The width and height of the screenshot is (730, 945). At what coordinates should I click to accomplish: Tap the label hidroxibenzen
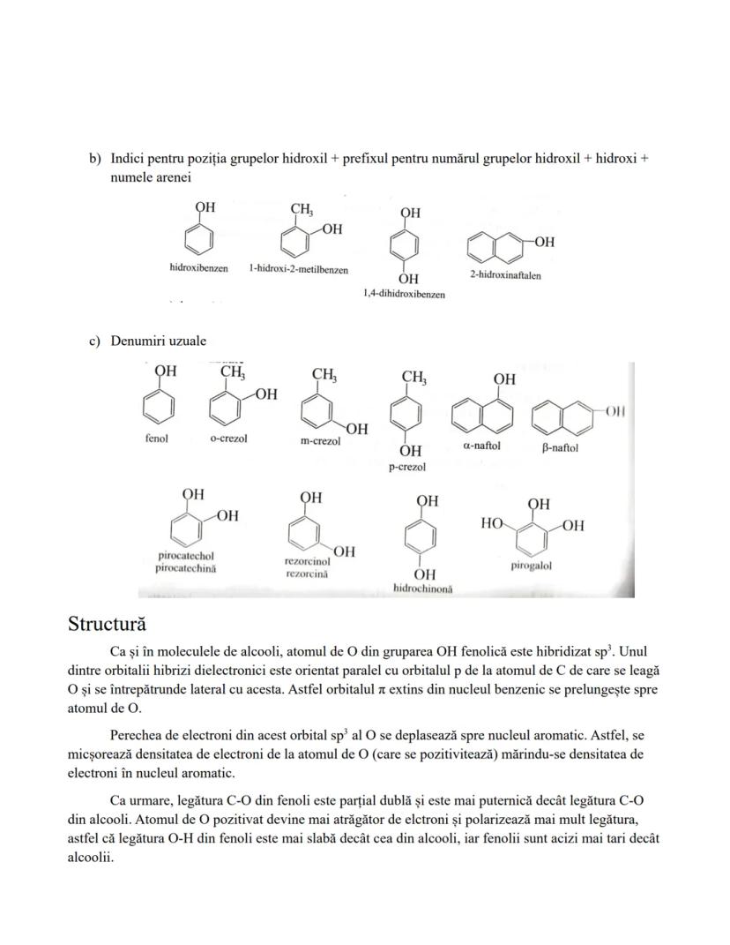click(198, 267)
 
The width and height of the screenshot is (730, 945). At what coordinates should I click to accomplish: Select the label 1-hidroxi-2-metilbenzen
click(298, 269)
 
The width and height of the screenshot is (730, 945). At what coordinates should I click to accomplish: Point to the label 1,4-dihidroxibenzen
click(404, 294)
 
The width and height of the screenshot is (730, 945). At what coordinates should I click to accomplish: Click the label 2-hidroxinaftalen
click(505, 274)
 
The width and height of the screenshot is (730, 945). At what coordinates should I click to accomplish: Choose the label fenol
click(156, 438)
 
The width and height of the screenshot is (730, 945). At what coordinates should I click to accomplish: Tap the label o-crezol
click(228, 439)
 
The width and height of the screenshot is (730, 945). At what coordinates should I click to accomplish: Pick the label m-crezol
click(320, 441)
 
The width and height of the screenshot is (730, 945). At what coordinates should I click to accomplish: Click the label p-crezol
click(407, 467)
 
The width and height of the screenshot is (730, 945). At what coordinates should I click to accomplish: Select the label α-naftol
click(481, 446)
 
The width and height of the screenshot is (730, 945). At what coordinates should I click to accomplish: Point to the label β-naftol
click(560, 447)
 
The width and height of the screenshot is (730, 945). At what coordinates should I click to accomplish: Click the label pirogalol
click(531, 566)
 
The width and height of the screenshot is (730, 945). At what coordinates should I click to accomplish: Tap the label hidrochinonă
click(422, 589)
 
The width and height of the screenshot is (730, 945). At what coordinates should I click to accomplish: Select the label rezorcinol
click(308, 560)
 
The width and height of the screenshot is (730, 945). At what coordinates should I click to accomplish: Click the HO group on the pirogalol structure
click(492, 524)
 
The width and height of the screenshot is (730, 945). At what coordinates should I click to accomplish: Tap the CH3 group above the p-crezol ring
click(413, 378)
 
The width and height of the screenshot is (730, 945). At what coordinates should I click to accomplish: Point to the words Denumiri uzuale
click(158, 341)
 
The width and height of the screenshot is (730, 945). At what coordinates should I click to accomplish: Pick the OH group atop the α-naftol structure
click(504, 379)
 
